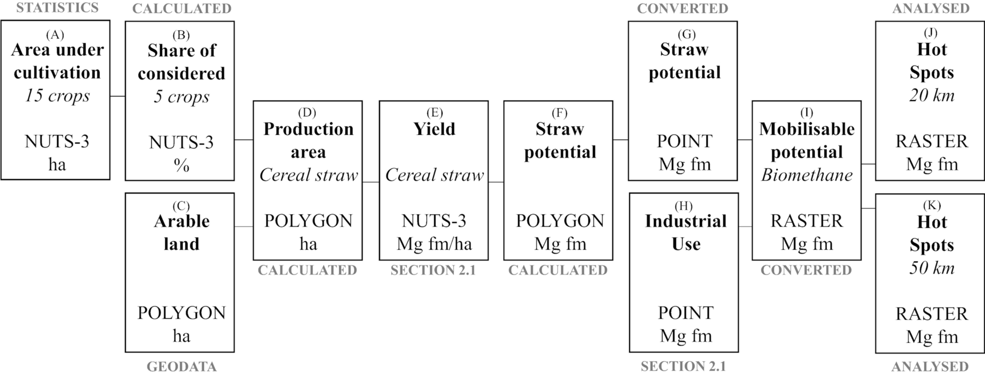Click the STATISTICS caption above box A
(57, 8)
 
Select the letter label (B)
(181, 35)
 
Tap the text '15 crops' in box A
(57, 96)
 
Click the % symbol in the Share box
(181, 165)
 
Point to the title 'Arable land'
(181, 232)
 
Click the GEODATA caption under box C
(181, 366)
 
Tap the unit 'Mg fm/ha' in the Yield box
(434, 244)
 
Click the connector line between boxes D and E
(371, 182)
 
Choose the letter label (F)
(559, 113)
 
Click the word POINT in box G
(684, 141)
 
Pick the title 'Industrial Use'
(685, 232)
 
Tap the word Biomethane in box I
(806, 175)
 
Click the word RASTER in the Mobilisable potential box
(806, 221)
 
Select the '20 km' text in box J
(931, 96)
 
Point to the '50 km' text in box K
(931, 267)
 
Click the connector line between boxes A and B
(117, 96)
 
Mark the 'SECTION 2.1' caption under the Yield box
(433, 270)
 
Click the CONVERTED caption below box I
(806, 270)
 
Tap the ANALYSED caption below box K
(930, 366)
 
